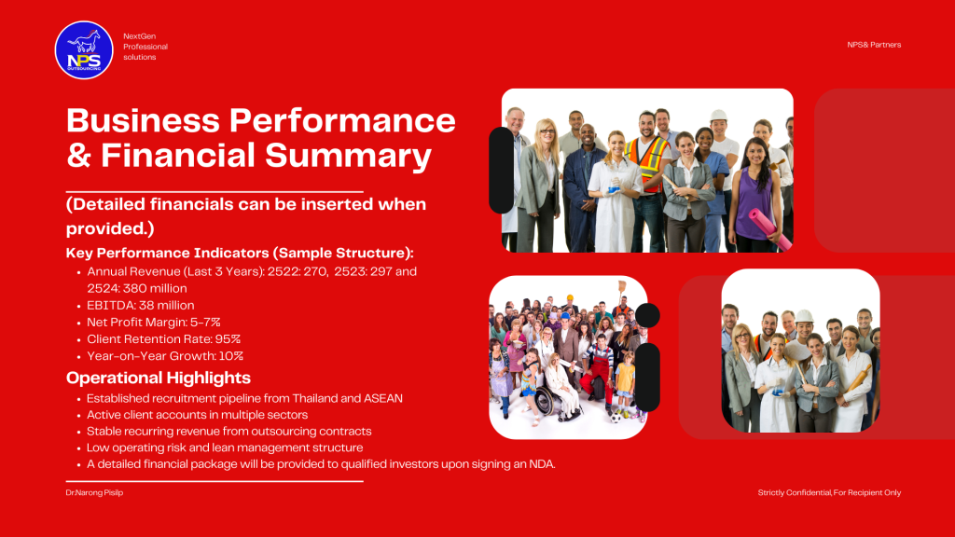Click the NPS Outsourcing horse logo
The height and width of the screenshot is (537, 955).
pos(84,50)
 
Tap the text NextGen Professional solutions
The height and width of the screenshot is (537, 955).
pos(145,47)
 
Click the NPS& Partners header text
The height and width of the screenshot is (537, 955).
pos(874,45)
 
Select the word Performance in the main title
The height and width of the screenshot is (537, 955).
pos(342,120)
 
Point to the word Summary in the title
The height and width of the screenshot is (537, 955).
pos(349,156)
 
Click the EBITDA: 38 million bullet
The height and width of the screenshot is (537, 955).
pos(141,305)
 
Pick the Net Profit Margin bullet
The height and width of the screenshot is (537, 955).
pos(154,322)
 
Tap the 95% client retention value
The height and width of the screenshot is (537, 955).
pos(228,339)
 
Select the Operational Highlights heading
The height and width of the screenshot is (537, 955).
pos(159,378)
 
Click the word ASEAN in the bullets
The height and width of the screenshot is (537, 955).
pos(383,398)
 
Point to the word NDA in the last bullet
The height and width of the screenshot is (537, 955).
pos(542,464)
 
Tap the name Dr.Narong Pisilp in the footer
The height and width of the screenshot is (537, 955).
pos(94,492)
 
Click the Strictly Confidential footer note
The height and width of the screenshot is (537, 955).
pos(829,492)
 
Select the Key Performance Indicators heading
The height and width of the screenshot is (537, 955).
pos(240,253)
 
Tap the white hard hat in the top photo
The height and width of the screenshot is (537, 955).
pos(719,115)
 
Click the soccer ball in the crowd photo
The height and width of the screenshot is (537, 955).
pos(616,418)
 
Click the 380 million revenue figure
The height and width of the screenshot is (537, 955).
pos(155,288)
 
